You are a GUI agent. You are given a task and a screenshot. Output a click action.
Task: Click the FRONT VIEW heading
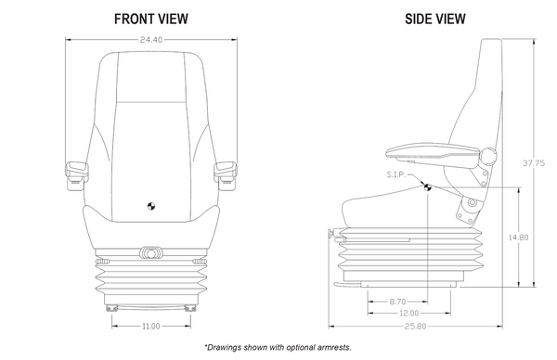153,18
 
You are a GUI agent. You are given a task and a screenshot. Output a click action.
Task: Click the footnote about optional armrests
278,347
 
